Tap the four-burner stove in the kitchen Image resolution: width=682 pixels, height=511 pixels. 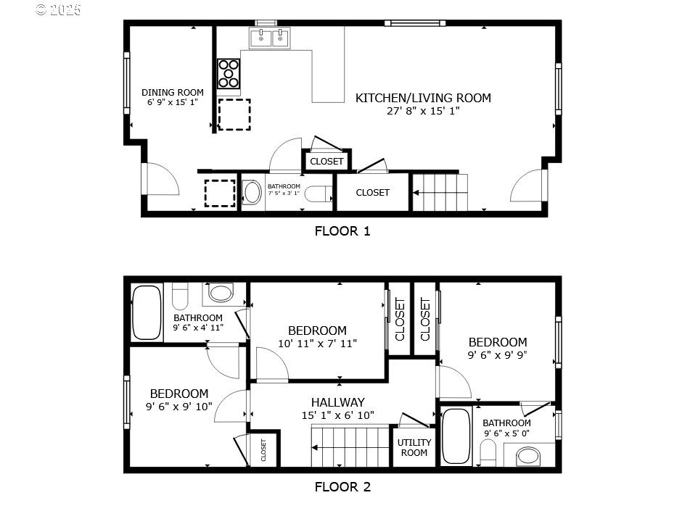click(229, 73)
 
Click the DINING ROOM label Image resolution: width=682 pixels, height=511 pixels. click(172, 92)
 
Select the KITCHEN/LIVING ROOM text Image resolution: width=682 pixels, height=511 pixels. click(423, 98)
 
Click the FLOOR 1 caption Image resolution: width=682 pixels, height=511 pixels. click(342, 231)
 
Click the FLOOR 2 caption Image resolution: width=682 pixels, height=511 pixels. click(342, 487)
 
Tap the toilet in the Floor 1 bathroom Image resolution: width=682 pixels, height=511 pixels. click(318, 194)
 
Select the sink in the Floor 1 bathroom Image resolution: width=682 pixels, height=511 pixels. click(252, 192)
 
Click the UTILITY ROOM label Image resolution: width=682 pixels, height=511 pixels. click(414, 447)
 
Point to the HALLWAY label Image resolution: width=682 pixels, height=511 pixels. click(337, 402)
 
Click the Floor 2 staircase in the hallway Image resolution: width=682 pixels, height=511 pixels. click(351, 446)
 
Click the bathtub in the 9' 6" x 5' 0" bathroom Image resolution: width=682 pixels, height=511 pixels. click(456, 436)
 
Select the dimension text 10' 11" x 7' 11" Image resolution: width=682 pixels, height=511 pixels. click(317, 344)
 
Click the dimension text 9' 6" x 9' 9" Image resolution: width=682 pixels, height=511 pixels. click(497, 356)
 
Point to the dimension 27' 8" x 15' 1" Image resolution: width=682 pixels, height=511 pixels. click(423, 111)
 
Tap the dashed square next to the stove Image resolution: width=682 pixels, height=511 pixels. click(234, 115)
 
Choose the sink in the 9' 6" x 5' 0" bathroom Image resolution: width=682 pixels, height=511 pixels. click(528, 456)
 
